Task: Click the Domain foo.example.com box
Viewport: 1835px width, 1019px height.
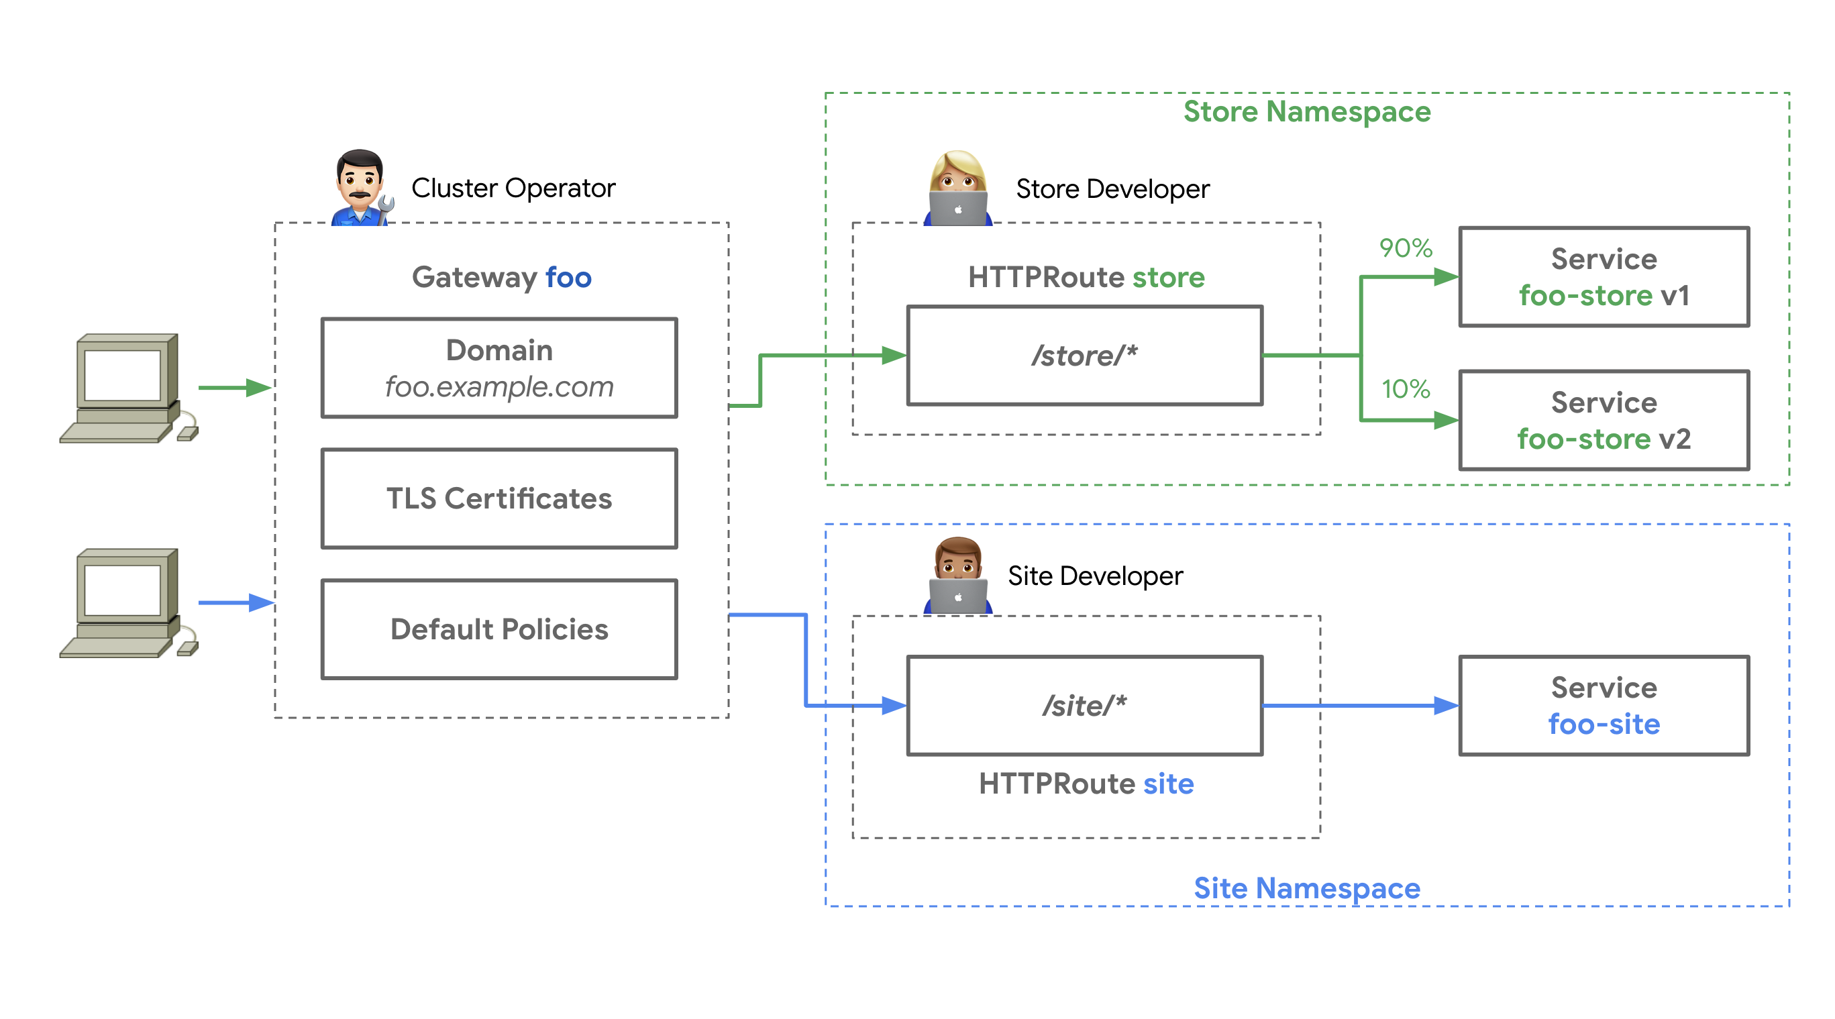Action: click(499, 368)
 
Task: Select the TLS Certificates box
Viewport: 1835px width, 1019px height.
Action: click(499, 498)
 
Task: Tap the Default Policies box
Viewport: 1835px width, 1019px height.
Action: click(499, 629)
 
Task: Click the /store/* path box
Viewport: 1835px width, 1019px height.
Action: click(1084, 356)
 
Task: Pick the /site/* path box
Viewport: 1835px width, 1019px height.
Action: click(1084, 706)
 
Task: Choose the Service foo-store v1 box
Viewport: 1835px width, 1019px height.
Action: click(1604, 277)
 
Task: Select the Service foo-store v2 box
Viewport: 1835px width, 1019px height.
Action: click(1604, 420)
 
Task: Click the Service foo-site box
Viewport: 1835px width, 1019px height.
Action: click(1604, 706)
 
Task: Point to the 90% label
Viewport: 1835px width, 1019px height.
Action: click(1405, 248)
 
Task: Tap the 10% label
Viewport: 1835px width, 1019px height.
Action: click(1405, 389)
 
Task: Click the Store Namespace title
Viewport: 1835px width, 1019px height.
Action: click(1306, 112)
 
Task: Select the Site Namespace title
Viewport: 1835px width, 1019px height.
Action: click(1306, 888)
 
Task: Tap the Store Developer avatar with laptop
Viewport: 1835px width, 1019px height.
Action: click(957, 189)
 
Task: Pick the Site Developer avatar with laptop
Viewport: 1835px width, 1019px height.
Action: click(957, 576)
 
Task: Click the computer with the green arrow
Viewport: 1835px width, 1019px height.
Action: click(128, 388)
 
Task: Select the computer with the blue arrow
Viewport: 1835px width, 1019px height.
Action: click(128, 603)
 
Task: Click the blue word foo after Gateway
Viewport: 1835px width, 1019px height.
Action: click(568, 278)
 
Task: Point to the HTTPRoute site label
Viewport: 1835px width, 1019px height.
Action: click(1086, 784)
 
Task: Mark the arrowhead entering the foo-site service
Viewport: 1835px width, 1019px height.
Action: click(1446, 706)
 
